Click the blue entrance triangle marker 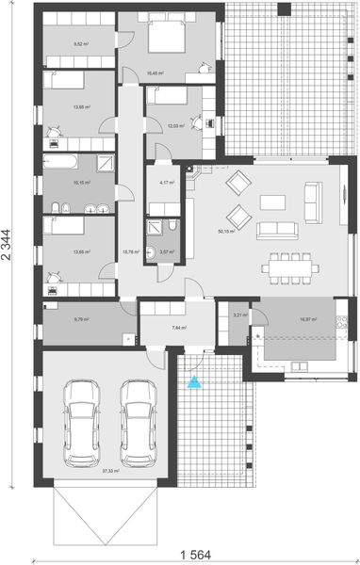[x=195, y=382]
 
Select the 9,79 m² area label [x=82, y=320]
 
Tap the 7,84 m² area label [x=179, y=328]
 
